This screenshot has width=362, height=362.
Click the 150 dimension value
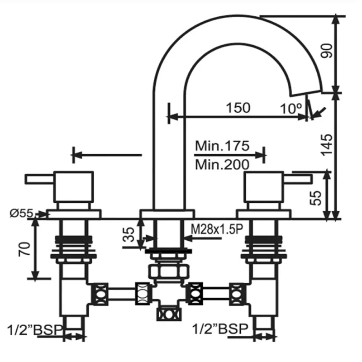(x=238, y=108)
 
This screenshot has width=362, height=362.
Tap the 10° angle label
(x=291, y=109)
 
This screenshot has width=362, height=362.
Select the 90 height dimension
(x=327, y=51)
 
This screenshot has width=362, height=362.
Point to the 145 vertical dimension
(x=327, y=144)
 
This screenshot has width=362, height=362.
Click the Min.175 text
(x=222, y=146)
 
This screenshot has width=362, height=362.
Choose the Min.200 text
(x=222, y=164)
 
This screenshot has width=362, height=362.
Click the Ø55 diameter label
(x=21, y=213)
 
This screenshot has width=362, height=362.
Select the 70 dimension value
(x=24, y=249)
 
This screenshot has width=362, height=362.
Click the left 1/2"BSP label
(x=35, y=330)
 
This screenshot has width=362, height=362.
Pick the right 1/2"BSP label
(x=220, y=329)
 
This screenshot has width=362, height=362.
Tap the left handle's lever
(x=40, y=179)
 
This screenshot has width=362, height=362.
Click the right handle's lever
(x=297, y=179)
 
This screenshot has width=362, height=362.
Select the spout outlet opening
(x=306, y=92)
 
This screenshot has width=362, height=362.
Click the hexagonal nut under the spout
(x=168, y=271)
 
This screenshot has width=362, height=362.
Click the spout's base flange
(x=167, y=214)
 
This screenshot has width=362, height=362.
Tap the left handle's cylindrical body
(x=74, y=187)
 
